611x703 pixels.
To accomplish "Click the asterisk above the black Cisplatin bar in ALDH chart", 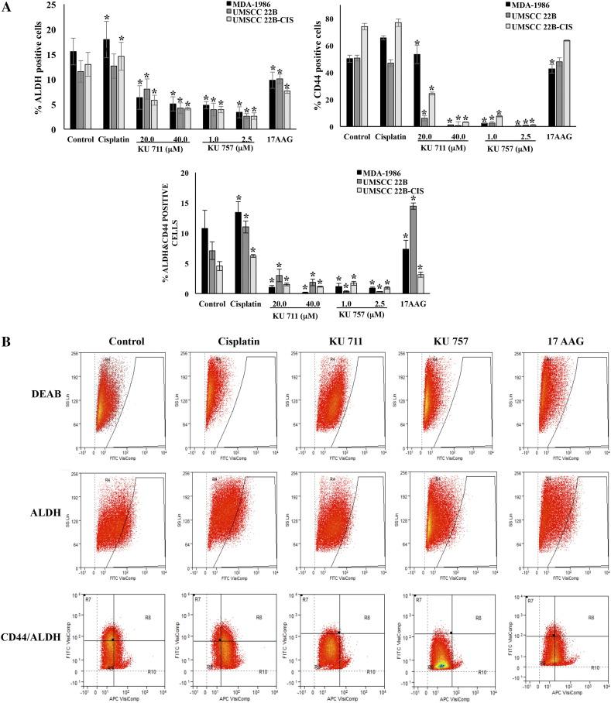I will coord(107,17).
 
